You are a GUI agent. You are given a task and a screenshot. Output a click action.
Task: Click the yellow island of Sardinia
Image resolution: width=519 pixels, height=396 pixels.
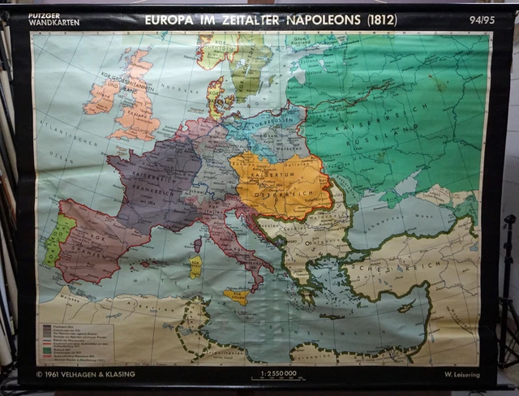coord(195,266)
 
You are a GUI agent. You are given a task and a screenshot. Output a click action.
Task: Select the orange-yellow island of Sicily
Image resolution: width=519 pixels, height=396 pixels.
coord(237,296)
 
